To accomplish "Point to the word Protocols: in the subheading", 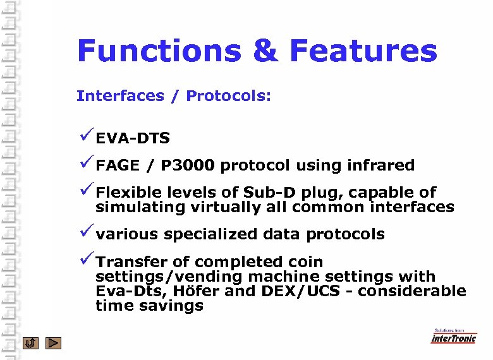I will click(x=228, y=96).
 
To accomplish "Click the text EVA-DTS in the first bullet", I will click(x=133, y=138).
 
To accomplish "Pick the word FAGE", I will click(x=118, y=165).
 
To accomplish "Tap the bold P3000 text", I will click(x=188, y=165).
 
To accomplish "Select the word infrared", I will click(x=380, y=165).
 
